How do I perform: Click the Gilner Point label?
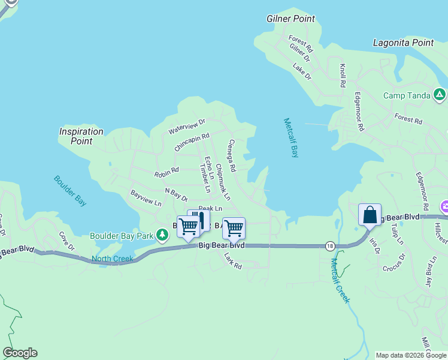point(290,19)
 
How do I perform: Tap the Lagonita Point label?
point(403,43)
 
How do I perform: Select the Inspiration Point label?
point(81,136)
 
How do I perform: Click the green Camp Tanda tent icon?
point(439,94)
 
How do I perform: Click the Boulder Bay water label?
point(70,191)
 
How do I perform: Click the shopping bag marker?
point(370,215)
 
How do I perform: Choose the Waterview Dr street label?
point(187,125)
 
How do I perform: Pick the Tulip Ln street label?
point(397,234)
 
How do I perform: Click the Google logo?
point(20,353)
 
